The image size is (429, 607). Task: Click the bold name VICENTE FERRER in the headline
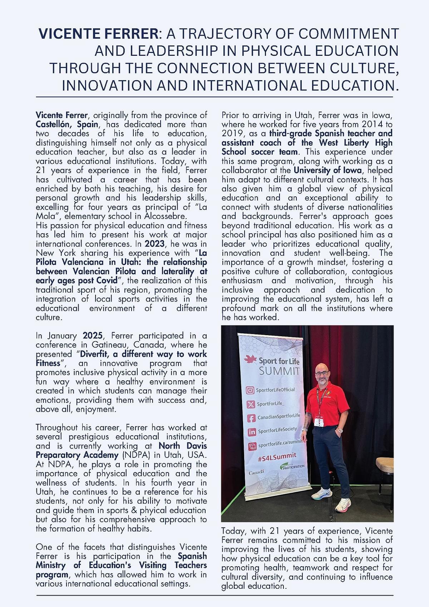click(x=98, y=34)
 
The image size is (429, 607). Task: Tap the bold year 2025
click(x=93, y=336)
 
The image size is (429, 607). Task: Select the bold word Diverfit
click(x=95, y=354)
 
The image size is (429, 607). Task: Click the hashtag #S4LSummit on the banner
click(x=277, y=456)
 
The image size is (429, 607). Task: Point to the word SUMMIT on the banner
click(x=280, y=371)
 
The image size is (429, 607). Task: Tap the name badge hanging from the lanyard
click(x=319, y=422)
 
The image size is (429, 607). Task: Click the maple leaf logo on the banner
click(x=249, y=359)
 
